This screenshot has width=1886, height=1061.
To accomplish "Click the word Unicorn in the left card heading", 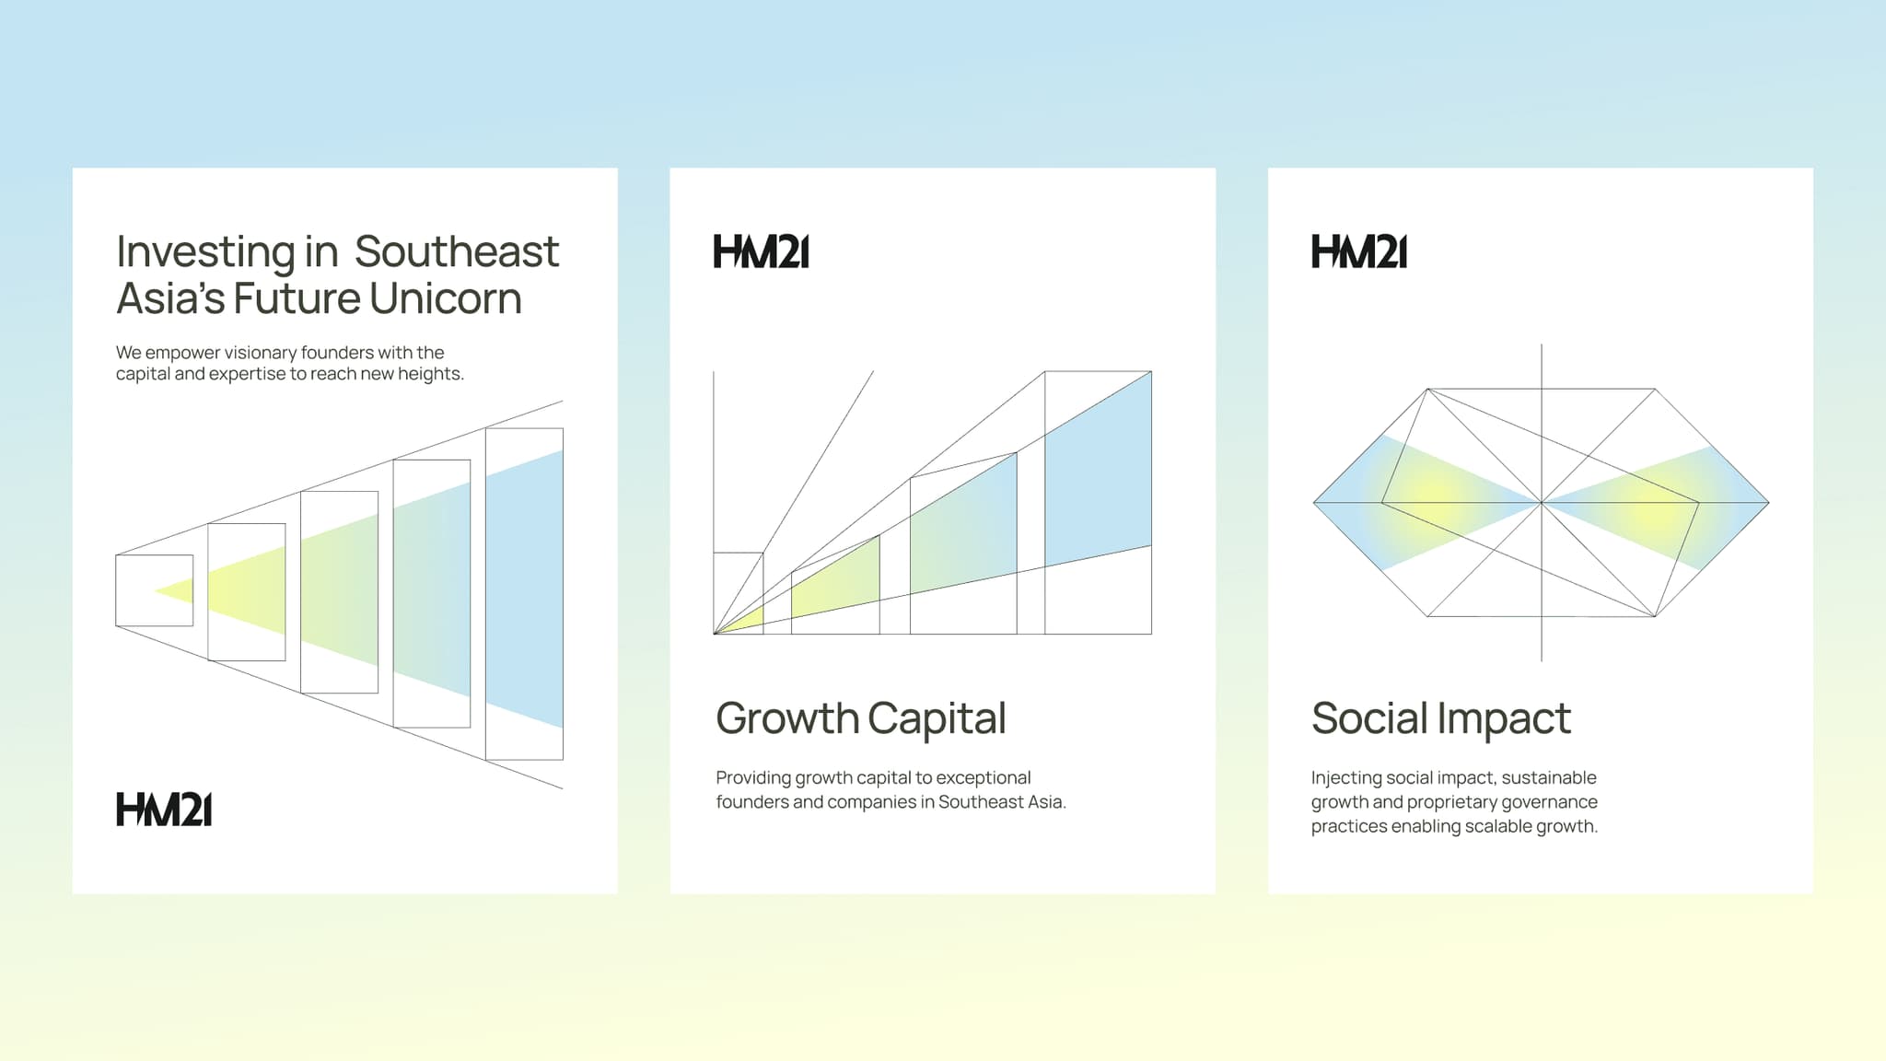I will (x=446, y=298).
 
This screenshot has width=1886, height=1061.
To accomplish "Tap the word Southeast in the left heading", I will (x=457, y=251).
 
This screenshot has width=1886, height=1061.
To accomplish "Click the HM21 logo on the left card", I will (x=164, y=810).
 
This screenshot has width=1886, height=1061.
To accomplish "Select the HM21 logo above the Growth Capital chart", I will (x=762, y=251).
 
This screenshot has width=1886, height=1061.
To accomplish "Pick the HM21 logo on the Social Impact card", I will (x=1359, y=251).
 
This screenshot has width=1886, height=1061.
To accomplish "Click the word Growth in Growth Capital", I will (x=786, y=719).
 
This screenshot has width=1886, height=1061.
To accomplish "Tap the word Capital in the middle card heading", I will (x=937, y=719).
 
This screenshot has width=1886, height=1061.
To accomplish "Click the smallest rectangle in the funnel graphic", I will (x=154, y=590).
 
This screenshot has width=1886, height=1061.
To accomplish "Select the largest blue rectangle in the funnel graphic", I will (x=525, y=589).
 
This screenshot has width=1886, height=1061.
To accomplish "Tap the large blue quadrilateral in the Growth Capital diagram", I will (x=1098, y=470).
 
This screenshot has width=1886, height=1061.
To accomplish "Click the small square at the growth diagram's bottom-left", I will (x=739, y=592).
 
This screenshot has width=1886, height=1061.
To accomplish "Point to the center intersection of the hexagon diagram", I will (x=1542, y=503).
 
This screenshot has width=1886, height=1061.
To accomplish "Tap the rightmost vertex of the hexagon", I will (x=1768, y=503).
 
